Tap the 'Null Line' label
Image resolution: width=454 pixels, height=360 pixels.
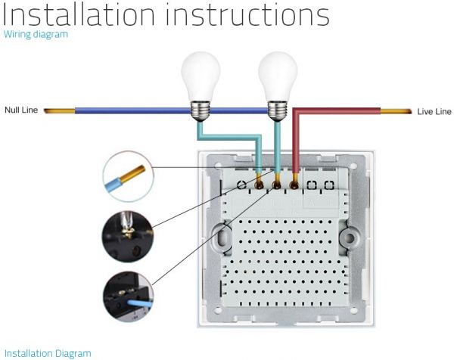tap(21, 110)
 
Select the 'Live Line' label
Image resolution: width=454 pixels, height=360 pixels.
tap(434, 111)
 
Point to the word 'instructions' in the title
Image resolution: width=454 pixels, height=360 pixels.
tap(250, 14)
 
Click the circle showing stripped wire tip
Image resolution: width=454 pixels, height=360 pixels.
tap(128, 177)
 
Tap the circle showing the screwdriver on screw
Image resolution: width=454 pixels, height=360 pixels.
tap(128, 236)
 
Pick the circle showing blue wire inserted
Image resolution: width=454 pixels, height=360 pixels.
tap(128, 296)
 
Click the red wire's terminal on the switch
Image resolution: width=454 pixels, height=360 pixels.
tap(294, 184)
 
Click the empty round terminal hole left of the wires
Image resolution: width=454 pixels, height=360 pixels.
tap(241, 184)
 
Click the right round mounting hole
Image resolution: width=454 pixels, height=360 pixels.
tap(350, 238)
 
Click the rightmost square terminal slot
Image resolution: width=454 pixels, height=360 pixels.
tap(328, 184)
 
